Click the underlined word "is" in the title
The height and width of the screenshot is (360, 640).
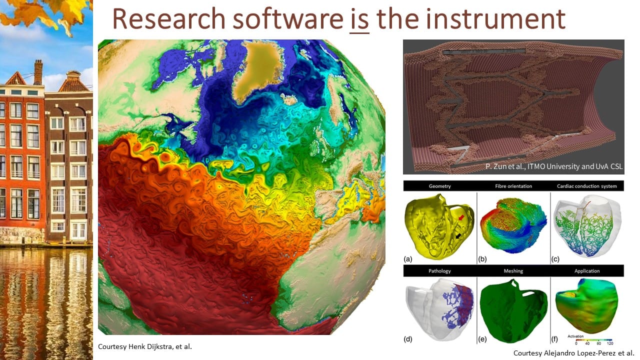pyautogui.click(x=359, y=19)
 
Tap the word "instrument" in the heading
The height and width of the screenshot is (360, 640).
pyautogui.click(x=495, y=18)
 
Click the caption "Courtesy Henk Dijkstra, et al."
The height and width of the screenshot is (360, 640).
pyautogui.click(x=145, y=346)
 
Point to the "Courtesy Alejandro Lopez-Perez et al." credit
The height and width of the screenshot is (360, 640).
pyautogui.click(x=573, y=353)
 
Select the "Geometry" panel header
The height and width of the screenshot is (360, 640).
pyautogui.click(x=439, y=186)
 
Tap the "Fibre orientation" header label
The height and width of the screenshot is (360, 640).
pyautogui.click(x=513, y=186)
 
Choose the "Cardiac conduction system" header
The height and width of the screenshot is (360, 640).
pyautogui.click(x=587, y=186)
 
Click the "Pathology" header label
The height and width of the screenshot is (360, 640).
pyautogui.click(x=439, y=271)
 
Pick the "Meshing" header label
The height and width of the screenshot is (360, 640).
pyautogui.click(x=513, y=271)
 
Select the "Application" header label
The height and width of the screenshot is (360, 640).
pyautogui.click(x=587, y=271)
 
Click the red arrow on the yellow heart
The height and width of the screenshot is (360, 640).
pyautogui.click(x=461, y=217)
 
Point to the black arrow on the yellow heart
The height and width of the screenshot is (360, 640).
pyautogui.click(x=458, y=235)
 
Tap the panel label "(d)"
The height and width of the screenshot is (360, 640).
pyautogui.click(x=407, y=339)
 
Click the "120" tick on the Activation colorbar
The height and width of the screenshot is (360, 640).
pyautogui.click(x=610, y=343)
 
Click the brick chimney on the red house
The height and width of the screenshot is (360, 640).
pyautogui.click(x=38, y=72)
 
